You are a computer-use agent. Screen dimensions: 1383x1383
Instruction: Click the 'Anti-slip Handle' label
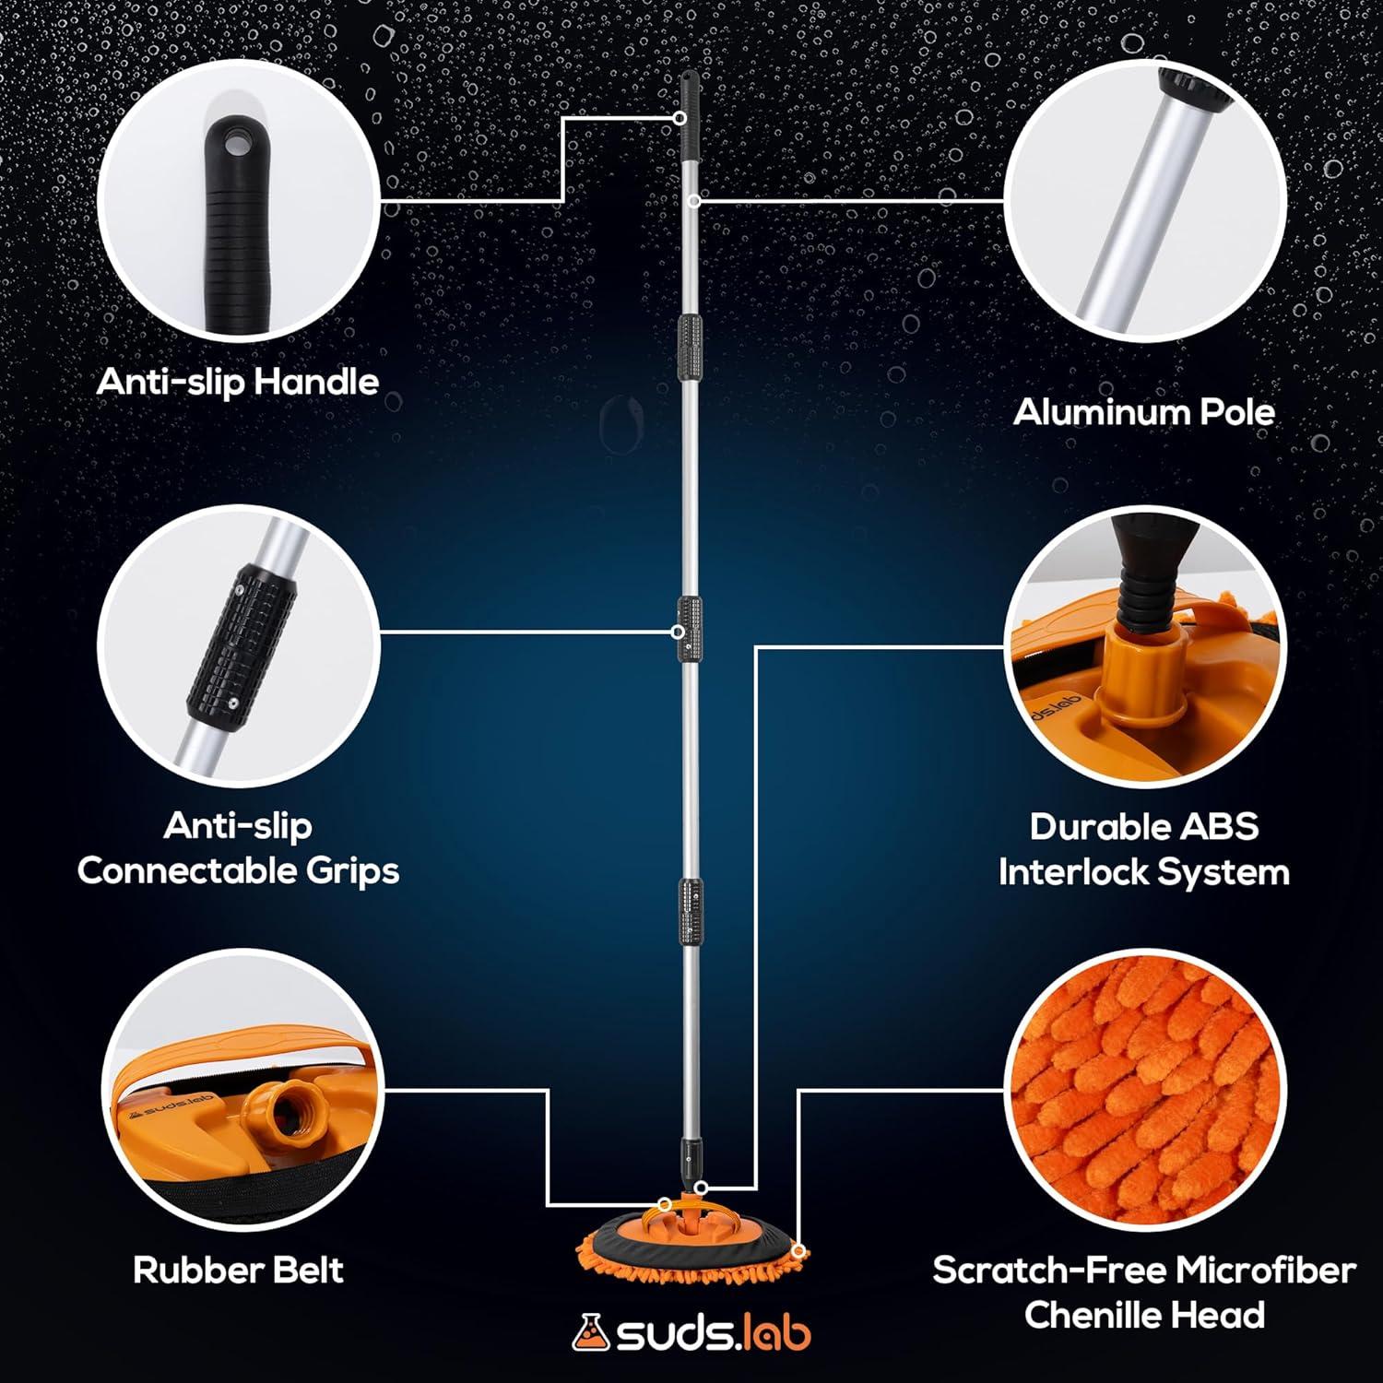(238, 382)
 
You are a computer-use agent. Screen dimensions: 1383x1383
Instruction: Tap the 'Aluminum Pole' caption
(1144, 411)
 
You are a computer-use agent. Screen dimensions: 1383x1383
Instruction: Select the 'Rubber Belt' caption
(238, 1270)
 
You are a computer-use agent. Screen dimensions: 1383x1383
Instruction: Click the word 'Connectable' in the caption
(186, 870)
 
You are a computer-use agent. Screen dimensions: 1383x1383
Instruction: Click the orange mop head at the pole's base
(687, 1235)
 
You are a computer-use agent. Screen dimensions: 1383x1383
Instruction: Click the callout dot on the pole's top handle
(680, 118)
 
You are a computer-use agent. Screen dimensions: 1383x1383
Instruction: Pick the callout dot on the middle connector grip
(678, 632)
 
